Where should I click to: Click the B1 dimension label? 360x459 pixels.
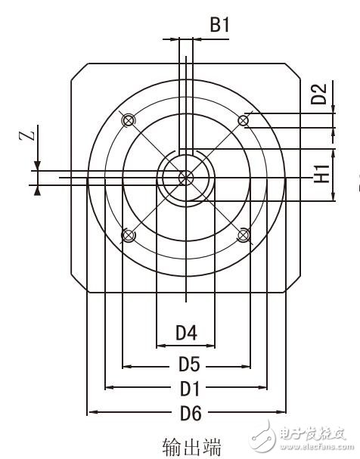pyautogui.click(x=219, y=25)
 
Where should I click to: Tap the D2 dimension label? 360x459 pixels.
pyautogui.click(x=320, y=94)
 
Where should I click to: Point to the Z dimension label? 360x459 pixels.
pyautogui.click(x=27, y=136)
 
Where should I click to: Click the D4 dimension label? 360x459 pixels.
pyautogui.click(x=186, y=332)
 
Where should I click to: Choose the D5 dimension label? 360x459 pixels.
pyautogui.click(x=188, y=364)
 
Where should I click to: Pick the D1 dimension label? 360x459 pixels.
pyautogui.click(x=188, y=389)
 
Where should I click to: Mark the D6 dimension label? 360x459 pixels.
pyautogui.click(x=188, y=413)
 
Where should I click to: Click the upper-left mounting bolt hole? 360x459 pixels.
pyautogui.click(x=128, y=120)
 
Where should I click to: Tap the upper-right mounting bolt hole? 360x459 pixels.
pyautogui.click(x=244, y=120)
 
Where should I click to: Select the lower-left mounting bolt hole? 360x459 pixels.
pyautogui.click(x=128, y=235)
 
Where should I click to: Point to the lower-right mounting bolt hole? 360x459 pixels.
pyautogui.click(x=244, y=235)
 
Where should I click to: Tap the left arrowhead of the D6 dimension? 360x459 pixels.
pyautogui.click(x=92, y=413)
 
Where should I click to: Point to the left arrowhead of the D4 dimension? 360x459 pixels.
pyautogui.click(x=159, y=346)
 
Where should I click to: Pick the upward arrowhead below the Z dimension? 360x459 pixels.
pyautogui.click(x=37, y=190)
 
